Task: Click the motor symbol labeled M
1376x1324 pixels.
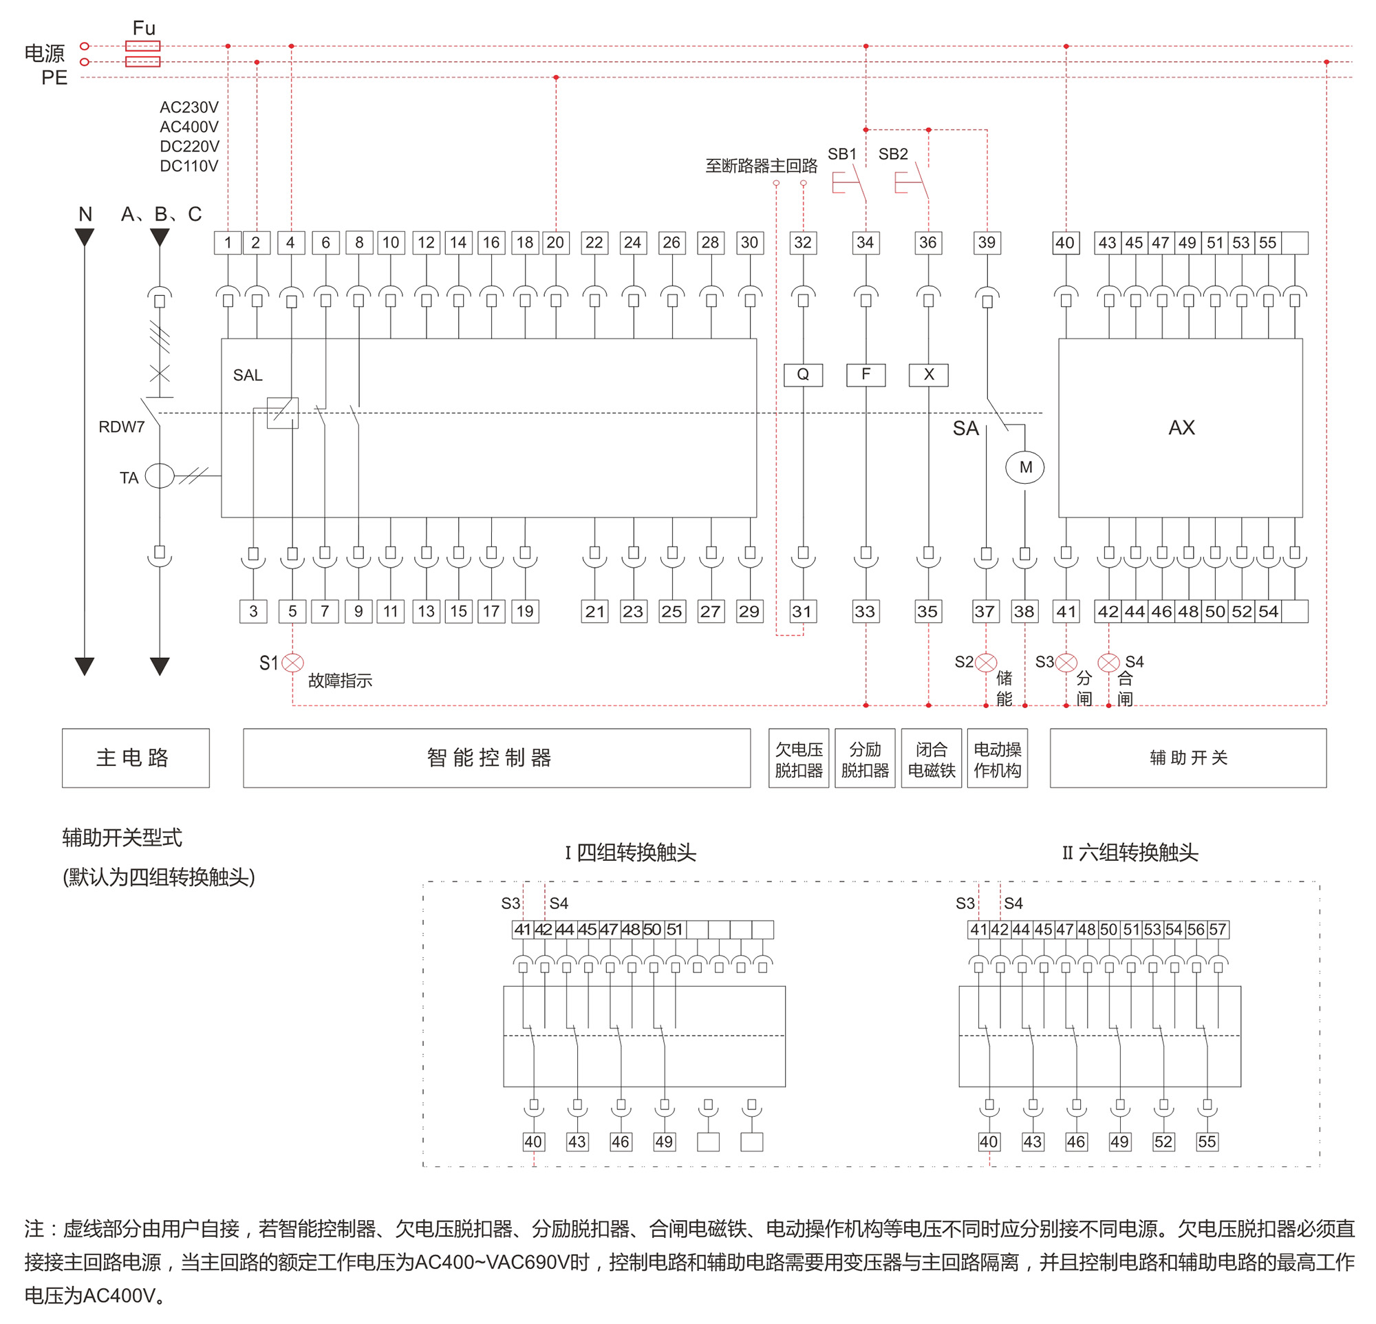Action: (x=1025, y=467)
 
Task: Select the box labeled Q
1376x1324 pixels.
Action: (x=803, y=375)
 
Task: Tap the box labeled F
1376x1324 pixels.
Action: (x=866, y=375)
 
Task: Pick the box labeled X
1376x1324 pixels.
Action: (x=928, y=375)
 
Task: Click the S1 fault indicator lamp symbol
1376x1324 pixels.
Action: (x=293, y=663)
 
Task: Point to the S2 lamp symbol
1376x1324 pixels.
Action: (x=987, y=663)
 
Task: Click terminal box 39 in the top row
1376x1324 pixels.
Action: (x=987, y=243)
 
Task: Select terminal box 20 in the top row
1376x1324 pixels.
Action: (x=555, y=243)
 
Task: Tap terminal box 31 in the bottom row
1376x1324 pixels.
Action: (x=802, y=612)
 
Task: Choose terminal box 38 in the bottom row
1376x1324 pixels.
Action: (x=1024, y=612)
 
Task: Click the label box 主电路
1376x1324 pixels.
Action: (x=136, y=758)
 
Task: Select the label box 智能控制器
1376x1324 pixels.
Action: (x=496, y=758)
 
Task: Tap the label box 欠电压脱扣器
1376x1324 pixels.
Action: (x=799, y=759)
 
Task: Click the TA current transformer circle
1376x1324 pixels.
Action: (x=160, y=476)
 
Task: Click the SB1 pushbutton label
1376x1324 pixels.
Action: (x=841, y=154)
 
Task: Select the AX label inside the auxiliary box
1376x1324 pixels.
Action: (x=1181, y=427)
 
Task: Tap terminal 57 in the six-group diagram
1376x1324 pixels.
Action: (x=1218, y=930)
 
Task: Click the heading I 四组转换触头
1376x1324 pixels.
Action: (x=630, y=853)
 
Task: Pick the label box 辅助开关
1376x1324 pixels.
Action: (x=1188, y=758)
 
